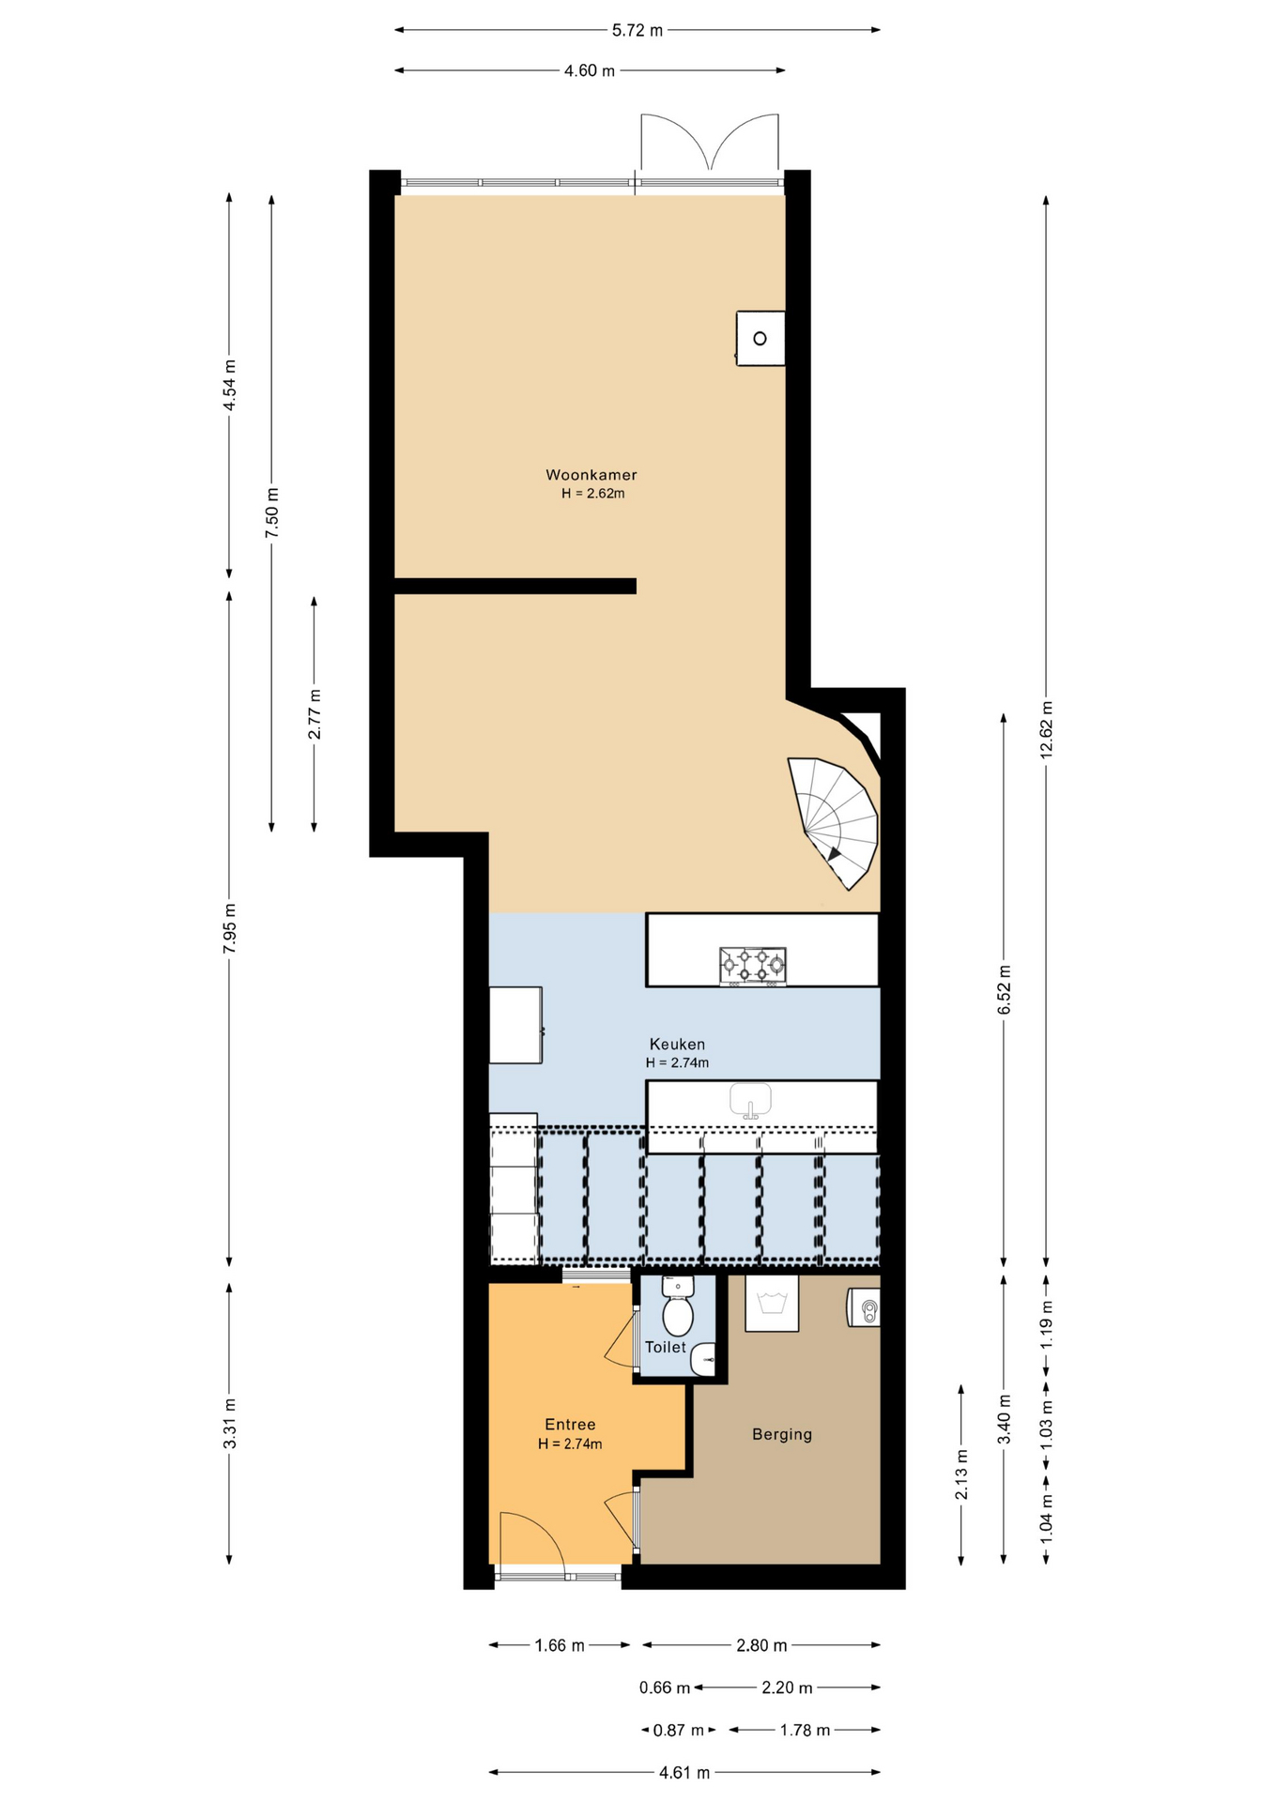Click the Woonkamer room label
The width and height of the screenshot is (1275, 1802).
tap(591, 475)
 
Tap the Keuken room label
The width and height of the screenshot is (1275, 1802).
tap(677, 1044)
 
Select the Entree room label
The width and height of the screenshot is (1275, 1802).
tap(570, 1424)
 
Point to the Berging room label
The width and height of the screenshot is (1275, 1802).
tap(782, 1434)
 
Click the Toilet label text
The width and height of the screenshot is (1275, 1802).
tap(666, 1347)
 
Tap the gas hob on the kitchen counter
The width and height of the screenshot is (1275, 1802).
tap(752, 966)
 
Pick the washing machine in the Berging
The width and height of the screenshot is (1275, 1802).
tap(772, 1303)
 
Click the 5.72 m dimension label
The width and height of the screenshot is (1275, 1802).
tap(637, 30)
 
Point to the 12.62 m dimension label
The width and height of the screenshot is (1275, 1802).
tap(1047, 729)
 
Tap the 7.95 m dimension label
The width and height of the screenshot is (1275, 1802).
tap(230, 928)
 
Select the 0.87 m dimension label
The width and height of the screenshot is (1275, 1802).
tap(679, 1730)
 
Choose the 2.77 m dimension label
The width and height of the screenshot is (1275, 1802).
tap(315, 714)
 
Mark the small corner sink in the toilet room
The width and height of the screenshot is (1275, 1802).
tap(703, 1359)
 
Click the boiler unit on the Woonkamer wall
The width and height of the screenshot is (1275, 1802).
tap(760, 338)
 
